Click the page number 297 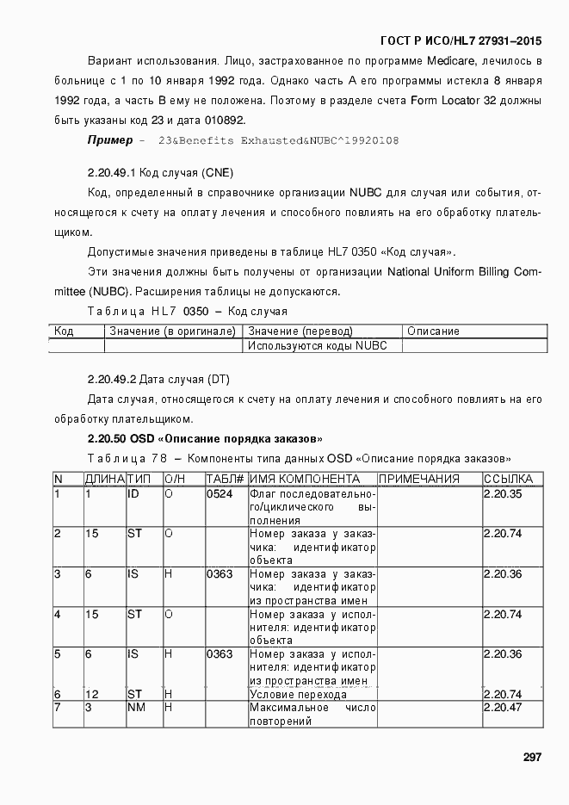[x=531, y=757]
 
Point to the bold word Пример [x=109, y=139]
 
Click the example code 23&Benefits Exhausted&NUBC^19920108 [x=277, y=139]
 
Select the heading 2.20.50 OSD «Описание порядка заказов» [x=205, y=438]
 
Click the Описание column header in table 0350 [x=433, y=331]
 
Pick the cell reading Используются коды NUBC [x=317, y=345]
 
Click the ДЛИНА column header [x=104, y=479]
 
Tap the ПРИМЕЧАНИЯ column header [x=419, y=479]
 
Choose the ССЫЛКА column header [x=508, y=479]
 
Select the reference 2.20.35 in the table [x=503, y=494]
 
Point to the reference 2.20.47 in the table [x=503, y=708]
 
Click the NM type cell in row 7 [x=135, y=708]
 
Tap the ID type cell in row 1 [x=133, y=494]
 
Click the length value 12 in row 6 [x=92, y=694]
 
